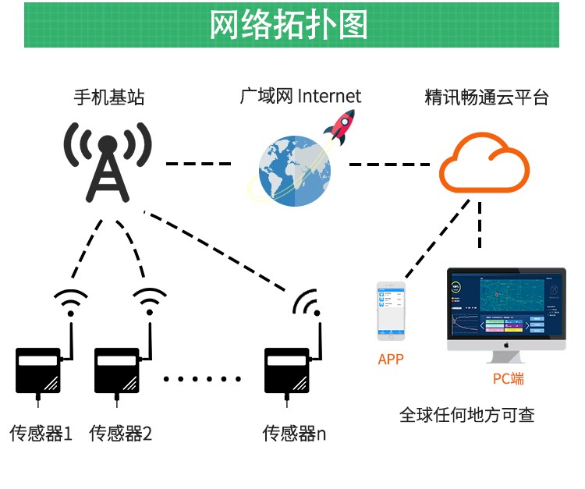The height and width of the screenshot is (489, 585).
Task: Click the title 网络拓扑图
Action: point(289,25)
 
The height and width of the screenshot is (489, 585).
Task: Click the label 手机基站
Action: point(109,98)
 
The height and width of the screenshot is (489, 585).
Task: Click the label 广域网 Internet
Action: point(300,97)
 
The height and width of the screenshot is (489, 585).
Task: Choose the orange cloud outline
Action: point(484,163)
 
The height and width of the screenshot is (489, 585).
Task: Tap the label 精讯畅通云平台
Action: point(487,98)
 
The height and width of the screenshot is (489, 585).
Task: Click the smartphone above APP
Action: point(391,310)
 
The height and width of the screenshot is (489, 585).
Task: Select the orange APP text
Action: point(391,360)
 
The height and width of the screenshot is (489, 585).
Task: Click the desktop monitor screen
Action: point(505,303)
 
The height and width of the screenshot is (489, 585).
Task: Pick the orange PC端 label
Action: point(508,379)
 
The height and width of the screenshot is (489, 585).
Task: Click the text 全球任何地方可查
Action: point(466,414)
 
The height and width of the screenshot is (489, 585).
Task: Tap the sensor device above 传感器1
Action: point(38,370)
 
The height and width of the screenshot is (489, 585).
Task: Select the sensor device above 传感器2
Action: point(118,370)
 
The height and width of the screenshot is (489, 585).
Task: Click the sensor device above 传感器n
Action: point(288,370)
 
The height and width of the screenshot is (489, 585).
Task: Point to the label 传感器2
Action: point(121,434)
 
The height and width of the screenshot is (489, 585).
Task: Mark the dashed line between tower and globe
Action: point(199,164)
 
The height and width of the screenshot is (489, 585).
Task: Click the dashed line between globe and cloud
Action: point(388,164)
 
